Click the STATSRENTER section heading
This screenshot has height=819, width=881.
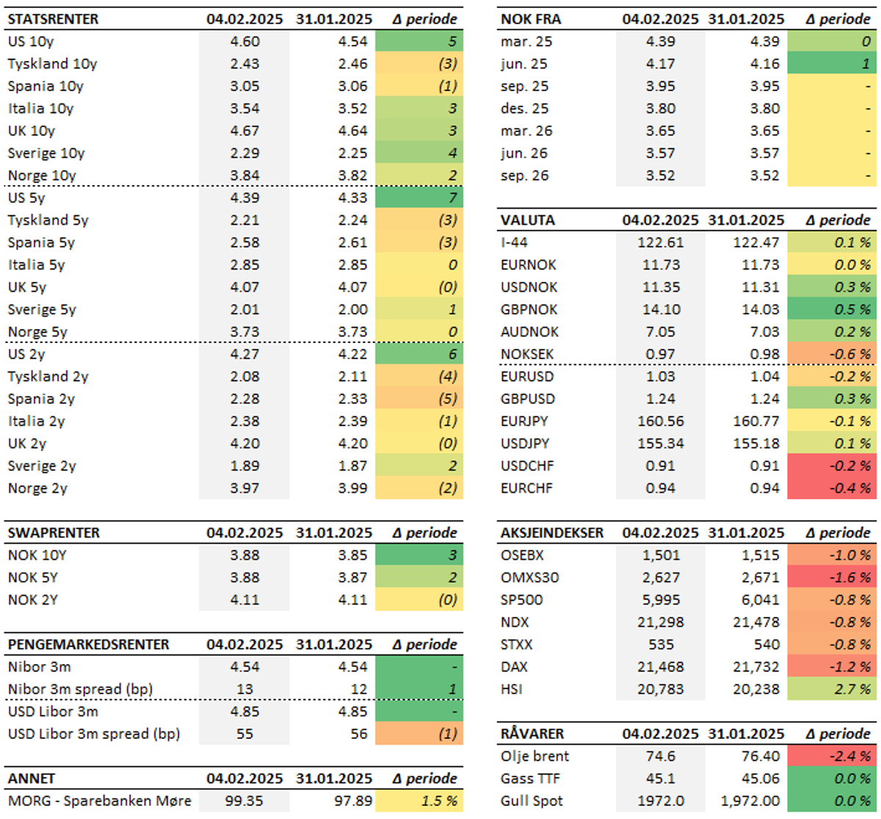[x=53, y=19]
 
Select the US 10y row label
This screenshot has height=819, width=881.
[x=31, y=42]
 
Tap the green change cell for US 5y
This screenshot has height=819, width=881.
[x=419, y=198]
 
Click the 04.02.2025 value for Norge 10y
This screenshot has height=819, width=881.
[x=245, y=176]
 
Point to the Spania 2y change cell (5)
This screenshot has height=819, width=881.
[x=419, y=399]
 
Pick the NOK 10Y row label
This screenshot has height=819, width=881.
[x=33, y=555]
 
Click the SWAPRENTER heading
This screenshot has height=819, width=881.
[x=54, y=533]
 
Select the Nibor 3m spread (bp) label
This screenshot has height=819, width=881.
[x=75, y=689]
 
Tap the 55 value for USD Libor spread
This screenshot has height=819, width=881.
[x=245, y=734]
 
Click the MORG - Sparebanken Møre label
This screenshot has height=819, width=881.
[x=99, y=801]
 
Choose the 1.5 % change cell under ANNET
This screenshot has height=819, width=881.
[x=419, y=801]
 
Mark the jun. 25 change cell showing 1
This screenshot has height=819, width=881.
[x=831, y=64]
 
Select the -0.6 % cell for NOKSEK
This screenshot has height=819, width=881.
[x=831, y=354]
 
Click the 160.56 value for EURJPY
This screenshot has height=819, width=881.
[x=661, y=421]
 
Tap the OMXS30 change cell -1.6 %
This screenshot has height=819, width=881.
[x=831, y=577]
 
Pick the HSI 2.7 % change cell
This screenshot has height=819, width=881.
[x=831, y=689]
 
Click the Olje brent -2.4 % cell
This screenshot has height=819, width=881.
[x=831, y=756]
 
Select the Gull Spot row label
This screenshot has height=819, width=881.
[x=532, y=801]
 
